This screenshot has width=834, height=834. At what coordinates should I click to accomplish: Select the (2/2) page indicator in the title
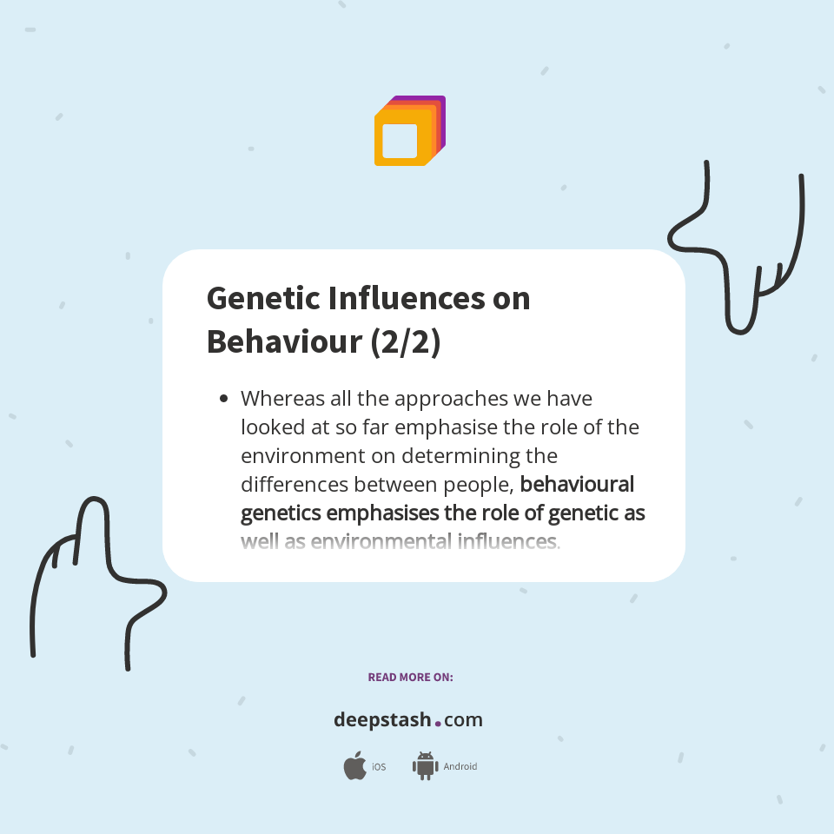pyautogui.click(x=406, y=342)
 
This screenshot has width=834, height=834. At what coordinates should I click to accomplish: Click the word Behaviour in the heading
pyautogui.click(x=284, y=342)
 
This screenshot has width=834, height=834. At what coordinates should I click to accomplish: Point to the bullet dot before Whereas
pyautogui.click(x=223, y=399)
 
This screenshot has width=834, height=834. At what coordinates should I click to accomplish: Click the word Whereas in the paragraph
pyautogui.click(x=283, y=399)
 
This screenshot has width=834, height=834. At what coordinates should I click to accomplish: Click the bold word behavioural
pyautogui.click(x=577, y=484)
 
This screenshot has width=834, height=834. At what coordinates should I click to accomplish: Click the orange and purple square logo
pyautogui.click(x=409, y=131)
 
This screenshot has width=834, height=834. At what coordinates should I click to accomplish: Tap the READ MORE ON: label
pyautogui.click(x=410, y=677)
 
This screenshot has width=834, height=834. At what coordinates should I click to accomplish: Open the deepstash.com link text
pyautogui.click(x=407, y=720)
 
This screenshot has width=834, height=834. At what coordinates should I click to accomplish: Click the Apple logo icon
pyautogui.click(x=354, y=766)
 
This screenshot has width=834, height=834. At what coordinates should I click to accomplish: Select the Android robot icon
pyautogui.click(x=425, y=766)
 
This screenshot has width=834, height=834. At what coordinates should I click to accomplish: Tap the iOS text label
pyautogui.click(x=379, y=767)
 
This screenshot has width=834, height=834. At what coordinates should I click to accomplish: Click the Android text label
pyautogui.click(x=460, y=767)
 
